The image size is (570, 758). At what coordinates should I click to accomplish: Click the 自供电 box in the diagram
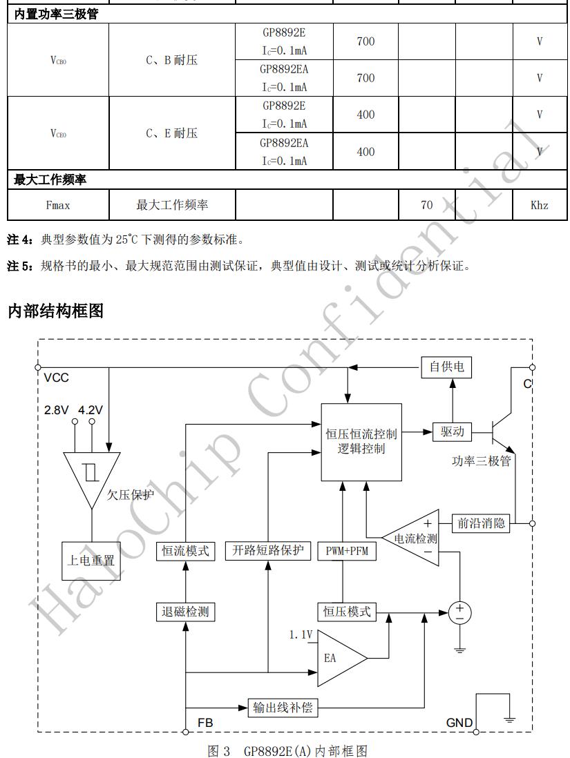point(447,367)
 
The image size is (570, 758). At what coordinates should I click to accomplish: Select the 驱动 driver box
point(452,432)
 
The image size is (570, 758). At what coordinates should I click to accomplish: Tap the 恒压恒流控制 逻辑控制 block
point(361,442)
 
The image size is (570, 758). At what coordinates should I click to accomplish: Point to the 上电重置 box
point(91,560)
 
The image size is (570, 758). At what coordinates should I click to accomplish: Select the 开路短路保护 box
point(268,551)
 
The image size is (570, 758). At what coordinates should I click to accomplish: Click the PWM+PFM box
point(347,551)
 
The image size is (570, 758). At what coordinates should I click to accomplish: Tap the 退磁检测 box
point(184,612)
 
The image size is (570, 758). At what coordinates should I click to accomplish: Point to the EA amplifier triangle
point(339,657)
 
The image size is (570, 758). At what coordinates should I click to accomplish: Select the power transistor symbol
point(500,432)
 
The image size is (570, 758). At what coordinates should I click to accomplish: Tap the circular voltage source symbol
point(459,612)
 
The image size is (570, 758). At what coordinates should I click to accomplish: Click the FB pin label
point(205,722)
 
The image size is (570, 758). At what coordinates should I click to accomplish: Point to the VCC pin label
point(56,378)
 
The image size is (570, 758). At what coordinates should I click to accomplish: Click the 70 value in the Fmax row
point(427,205)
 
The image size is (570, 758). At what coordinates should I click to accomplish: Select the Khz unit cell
point(540,205)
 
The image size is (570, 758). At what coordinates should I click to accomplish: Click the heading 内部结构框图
point(55,311)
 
